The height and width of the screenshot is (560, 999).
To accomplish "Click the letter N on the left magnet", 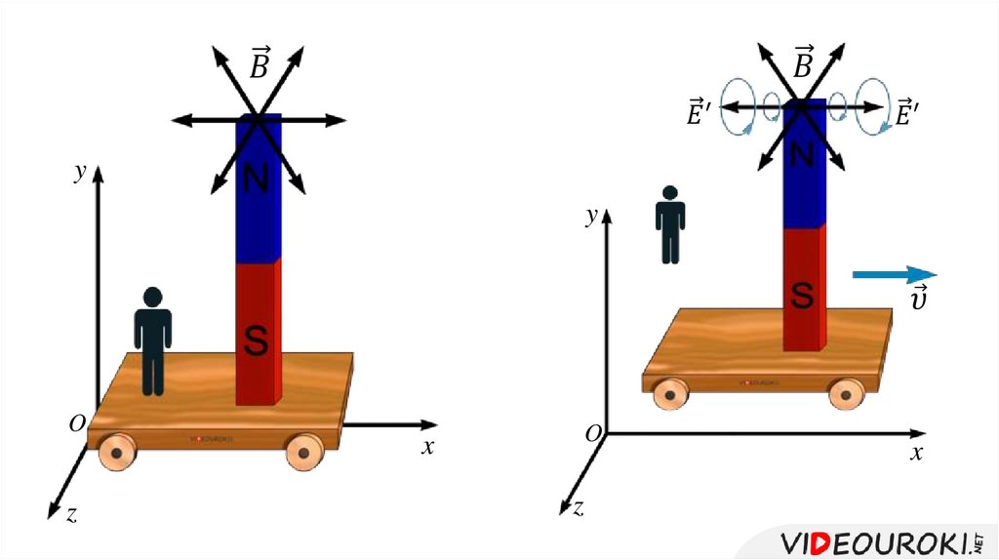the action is pyautogui.click(x=256, y=179).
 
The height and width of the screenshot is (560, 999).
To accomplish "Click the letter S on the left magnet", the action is pyautogui.click(x=256, y=340).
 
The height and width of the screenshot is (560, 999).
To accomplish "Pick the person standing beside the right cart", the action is pyautogui.click(x=670, y=225).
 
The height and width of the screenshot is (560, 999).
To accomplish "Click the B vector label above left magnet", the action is pyautogui.click(x=260, y=65).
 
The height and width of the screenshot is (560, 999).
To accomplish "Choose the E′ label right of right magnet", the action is pyautogui.click(x=908, y=114).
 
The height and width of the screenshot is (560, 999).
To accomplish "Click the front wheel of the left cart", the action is pyautogui.click(x=117, y=453).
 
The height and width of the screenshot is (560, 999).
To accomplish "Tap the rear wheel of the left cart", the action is pyautogui.click(x=303, y=452).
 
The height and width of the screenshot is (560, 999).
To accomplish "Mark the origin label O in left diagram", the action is pyautogui.click(x=76, y=423).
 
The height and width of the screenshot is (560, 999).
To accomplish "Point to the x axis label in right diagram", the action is pyautogui.click(x=916, y=454).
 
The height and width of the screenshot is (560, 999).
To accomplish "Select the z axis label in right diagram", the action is pyautogui.click(x=579, y=507).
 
